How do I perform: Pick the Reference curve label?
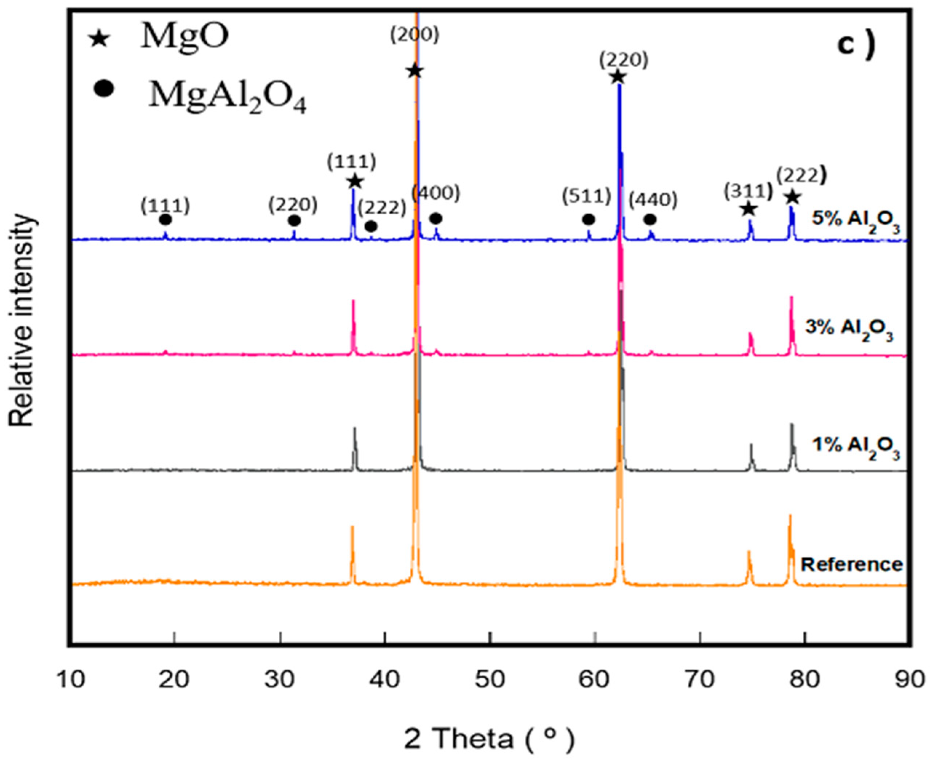pos(851,564)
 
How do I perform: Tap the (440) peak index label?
pos(653,201)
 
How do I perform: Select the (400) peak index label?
pos(436,194)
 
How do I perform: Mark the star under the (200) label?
pos(415,71)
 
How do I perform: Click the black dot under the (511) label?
pos(588,219)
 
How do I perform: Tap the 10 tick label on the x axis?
pos(71,679)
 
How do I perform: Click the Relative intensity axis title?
pos(21,321)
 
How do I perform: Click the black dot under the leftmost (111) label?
pos(165,219)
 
